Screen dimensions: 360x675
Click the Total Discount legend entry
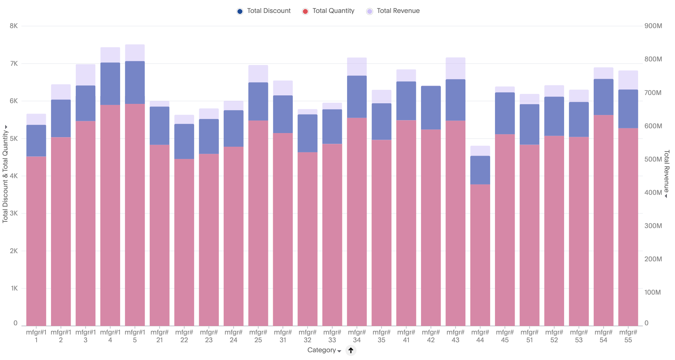click(x=264, y=11)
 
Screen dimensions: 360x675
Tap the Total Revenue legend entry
click(x=393, y=11)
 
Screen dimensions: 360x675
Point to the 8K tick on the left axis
click(x=14, y=26)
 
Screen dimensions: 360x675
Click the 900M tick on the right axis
click(x=653, y=26)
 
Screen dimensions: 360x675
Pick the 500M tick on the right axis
click(x=653, y=159)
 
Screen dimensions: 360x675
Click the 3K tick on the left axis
click(x=14, y=213)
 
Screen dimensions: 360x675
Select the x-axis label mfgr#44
click(x=480, y=336)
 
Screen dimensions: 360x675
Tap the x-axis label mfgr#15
click(x=135, y=336)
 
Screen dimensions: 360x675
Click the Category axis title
click(x=322, y=350)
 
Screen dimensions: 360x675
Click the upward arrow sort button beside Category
click(x=351, y=350)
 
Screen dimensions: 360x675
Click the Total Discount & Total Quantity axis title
click(x=5, y=174)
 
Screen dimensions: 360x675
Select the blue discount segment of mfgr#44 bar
click(x=480, y=170)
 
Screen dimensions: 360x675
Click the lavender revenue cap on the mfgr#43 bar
click(x=455, y=68)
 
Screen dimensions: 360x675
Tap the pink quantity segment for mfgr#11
click(x=36, y=240)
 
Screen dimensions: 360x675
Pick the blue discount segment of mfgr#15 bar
click(x=135, y=82)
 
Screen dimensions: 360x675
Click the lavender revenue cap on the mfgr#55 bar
click(x=628, y=80)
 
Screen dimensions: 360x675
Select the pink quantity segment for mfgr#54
click(x=603, y=222)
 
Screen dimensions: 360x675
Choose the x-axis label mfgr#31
click(x=283, y=336)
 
